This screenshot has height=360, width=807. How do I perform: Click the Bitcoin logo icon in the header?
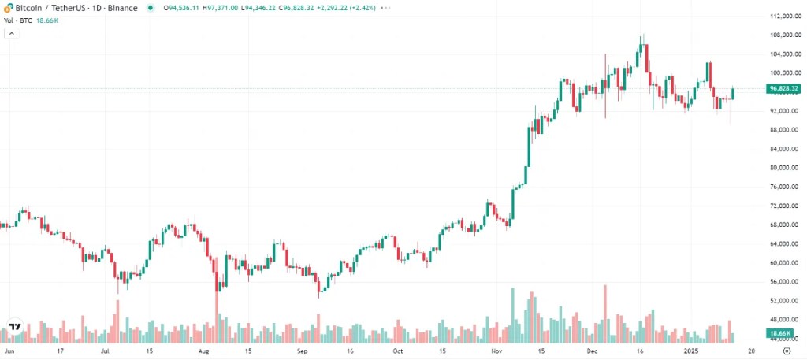pyautogui.click(x=8, y=6)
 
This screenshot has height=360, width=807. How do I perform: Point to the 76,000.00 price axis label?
pyautogui.click(x=786, y=187)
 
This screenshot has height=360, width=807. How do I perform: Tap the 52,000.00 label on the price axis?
pyautogui.click(x=786, y=301)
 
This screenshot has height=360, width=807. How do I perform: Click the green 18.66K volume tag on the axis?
pyautogui.click(x=782, y=334)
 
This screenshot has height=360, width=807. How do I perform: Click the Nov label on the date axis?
pyautogui.click(x=496, y=351)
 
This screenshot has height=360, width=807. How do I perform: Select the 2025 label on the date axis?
pyautogui.click(x=692, y=351)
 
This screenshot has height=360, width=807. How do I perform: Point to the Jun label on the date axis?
pyautogui.click(x=9, y=351)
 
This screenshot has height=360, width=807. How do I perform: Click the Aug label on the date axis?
pyautogui.click(x=205, y=351)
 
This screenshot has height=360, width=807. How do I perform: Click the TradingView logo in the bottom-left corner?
pyautogui.click(x=14, y=327)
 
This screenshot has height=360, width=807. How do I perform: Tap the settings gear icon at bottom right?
pyautogui.click(x=785, y=351)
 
